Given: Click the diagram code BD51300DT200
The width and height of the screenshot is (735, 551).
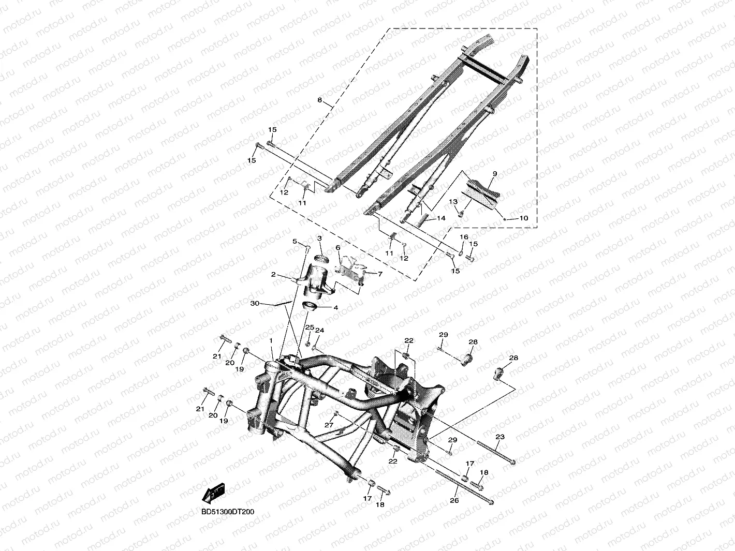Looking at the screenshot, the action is pos(227,512).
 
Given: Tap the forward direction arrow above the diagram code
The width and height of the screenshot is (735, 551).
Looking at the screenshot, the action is pos(213,493).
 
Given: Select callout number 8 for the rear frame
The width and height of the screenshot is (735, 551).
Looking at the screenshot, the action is pos(319,100).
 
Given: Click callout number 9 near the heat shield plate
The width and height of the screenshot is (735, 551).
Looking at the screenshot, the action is pos(495,174).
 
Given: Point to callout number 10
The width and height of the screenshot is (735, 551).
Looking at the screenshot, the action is pos(523,218).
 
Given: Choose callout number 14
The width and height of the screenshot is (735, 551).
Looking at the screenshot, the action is pos(441,218).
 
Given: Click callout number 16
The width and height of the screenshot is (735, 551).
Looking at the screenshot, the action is pos(464,237).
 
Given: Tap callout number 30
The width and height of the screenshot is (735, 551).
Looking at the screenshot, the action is pos(255,303).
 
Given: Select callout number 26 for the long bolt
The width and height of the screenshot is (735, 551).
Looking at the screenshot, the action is pos(454,500).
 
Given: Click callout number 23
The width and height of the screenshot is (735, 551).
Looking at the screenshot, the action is pos(500,437).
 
